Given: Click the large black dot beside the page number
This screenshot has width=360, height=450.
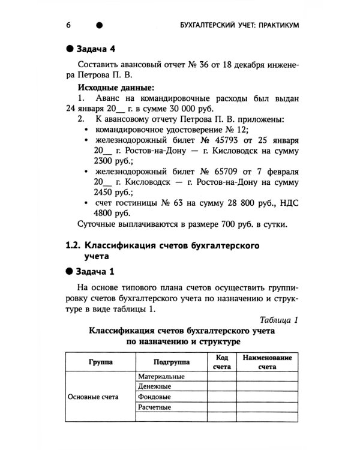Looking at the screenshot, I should coord(100,25).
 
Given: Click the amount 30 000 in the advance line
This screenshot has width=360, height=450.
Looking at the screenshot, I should coord(209,109).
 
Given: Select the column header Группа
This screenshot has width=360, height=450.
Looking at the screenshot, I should coord(99,362).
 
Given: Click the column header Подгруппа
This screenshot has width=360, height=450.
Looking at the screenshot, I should coord(171,362).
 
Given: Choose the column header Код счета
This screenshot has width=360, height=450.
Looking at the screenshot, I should coord(222,362).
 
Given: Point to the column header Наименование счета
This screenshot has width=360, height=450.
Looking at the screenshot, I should coord(267,362).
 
